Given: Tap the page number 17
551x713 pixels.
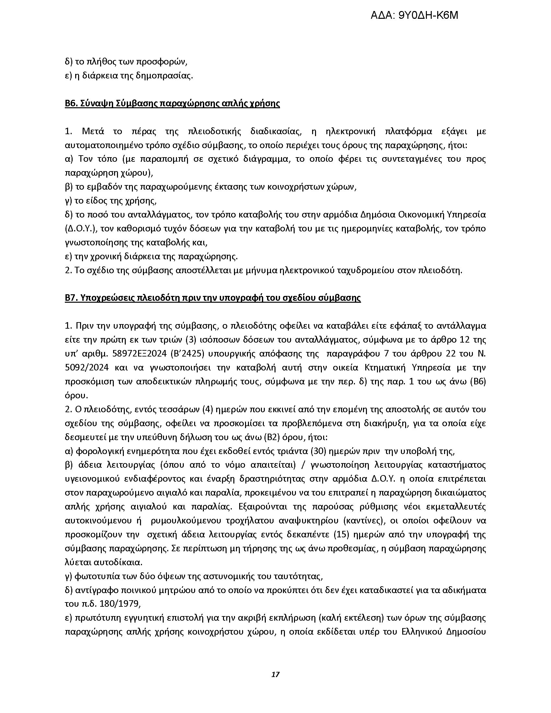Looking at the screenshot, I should [275, 674].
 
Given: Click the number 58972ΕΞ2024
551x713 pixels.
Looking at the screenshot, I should [138, 354].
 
